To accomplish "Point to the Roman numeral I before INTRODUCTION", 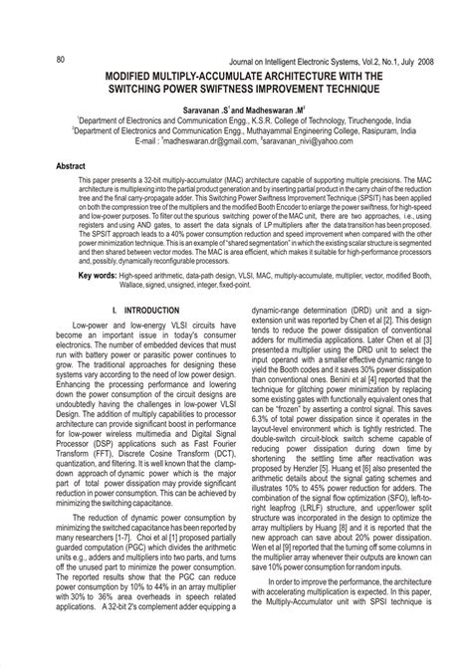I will tap(115, 311).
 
